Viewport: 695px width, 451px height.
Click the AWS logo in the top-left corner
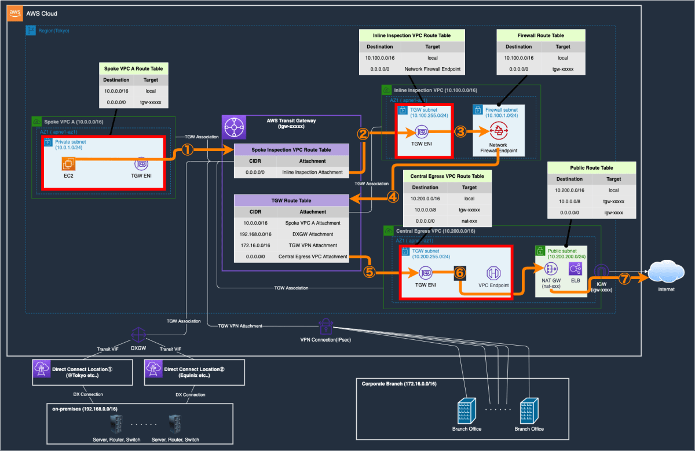(x=15, y=13)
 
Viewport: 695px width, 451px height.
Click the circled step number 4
(x=393, y=196)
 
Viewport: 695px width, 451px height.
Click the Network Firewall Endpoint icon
(x=498, y=131)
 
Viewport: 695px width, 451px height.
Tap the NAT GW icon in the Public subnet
(x=550, y=269)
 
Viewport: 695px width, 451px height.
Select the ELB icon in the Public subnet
(x=575, y=269)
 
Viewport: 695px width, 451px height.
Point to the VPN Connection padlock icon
(x=324, y=326)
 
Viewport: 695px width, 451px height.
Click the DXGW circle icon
(x=138, y=335)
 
